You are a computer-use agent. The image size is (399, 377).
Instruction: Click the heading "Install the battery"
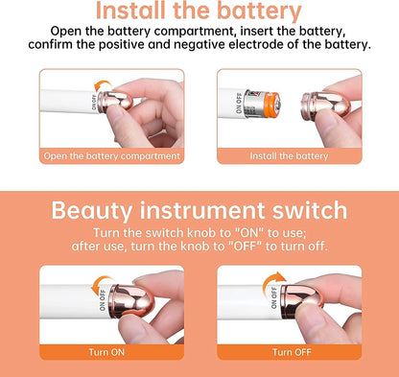tap(199, 11)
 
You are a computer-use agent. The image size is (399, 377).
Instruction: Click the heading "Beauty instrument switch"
tap(199, 210)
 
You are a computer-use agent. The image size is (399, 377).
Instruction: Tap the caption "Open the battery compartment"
tap(112, 156)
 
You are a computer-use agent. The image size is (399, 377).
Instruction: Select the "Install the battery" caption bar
tap(290, 156)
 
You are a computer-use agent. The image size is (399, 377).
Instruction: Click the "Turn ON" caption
tap(106, 352)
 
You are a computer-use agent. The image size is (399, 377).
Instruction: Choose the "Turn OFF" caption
tap(292, 352)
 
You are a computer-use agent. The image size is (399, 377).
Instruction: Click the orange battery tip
tap(273, 104)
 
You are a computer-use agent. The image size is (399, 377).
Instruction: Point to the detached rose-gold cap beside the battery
tap(325, 106)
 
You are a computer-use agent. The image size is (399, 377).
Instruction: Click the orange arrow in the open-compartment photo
tap(103, 85)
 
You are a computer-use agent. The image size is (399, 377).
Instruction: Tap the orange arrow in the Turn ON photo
tap(100, 284)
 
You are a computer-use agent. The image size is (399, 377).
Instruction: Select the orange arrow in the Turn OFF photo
tap(271, 281)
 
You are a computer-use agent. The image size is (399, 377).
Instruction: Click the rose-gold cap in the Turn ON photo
tap(131, 301)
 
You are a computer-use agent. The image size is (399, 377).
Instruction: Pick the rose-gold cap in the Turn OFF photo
tap(301, 301)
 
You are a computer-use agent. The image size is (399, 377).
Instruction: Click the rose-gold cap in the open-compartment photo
tap(115, 101)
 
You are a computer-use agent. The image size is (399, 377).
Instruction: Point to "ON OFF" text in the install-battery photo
tap(239, 103)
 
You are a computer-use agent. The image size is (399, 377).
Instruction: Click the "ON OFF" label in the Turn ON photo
tap(103, 300)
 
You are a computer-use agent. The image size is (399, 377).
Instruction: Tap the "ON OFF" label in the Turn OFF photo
tap(274, 298)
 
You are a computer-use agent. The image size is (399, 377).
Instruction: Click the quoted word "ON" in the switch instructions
tap(248, 233)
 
